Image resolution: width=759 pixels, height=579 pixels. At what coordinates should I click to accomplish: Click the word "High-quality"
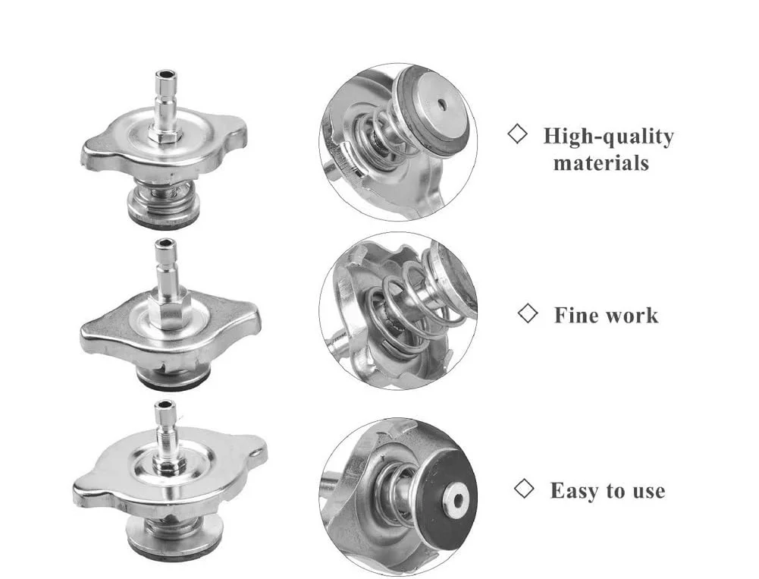pos(608,137)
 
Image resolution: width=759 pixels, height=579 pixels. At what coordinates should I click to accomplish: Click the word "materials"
pos(601,163)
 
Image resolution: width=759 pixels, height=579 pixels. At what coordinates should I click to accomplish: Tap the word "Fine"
pos(577,316)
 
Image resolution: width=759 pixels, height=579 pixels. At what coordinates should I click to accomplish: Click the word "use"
pos(648,492)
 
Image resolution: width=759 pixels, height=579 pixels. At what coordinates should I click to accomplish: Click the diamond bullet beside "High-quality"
pos(517,134)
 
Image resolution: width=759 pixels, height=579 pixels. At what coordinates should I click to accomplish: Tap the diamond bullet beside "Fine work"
pos(527,313)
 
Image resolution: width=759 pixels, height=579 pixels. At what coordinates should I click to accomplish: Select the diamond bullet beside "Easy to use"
pos(524,489)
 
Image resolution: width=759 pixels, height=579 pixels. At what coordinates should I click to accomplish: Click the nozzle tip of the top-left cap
pos(165,76)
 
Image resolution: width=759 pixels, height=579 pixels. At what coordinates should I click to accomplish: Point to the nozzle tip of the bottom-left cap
pos(165,405)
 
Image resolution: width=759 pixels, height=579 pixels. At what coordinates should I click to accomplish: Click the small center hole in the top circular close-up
pos(441,104)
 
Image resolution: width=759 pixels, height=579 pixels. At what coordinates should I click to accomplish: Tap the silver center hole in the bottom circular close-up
pos(454,501)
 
